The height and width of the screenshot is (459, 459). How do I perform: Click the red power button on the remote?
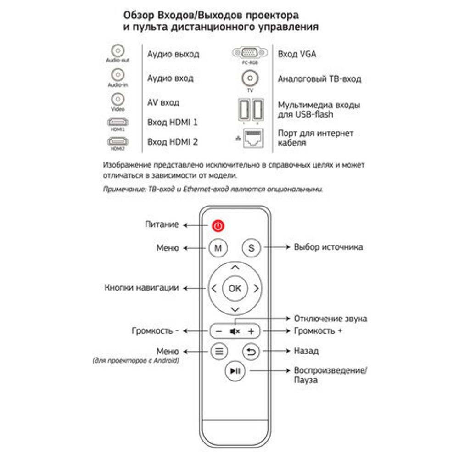click(218, 225)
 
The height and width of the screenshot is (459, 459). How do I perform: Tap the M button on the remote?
click(218, 248)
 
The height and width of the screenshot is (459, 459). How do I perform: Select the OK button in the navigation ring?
click(235, 288)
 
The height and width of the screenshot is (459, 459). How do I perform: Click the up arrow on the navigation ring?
click(235, 267)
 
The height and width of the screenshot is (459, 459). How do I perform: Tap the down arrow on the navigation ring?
click(235, 309)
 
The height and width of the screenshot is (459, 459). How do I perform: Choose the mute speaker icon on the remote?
click(235, 331)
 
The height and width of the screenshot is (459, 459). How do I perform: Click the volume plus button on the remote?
click(251, 331)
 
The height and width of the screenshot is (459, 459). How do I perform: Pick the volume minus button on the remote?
click(218, 331)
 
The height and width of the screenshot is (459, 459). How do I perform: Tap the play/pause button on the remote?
click(235, 371)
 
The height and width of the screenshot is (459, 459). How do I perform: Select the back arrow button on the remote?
click(251, 352)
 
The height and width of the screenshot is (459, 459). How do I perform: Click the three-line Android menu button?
click(219, 352)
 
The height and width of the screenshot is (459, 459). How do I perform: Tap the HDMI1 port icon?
click(118, 122)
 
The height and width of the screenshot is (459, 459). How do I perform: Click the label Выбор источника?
click(328, 247)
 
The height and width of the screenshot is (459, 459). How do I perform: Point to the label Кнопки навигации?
click(142, 288)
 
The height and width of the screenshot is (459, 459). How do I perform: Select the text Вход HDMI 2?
click(173, 142)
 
